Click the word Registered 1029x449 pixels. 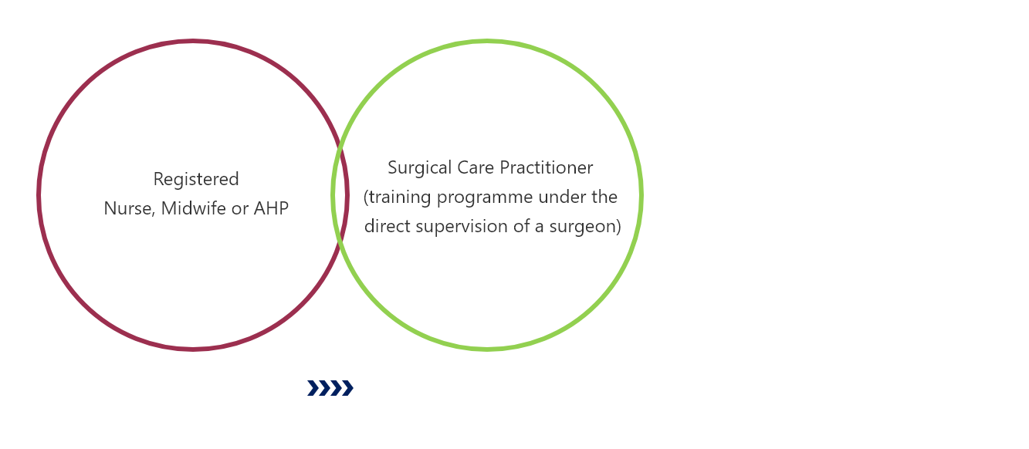pos(196,180)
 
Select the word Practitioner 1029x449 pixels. pos(547,167)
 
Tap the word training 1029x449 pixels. pos(400,197)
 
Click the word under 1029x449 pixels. pos(562,197)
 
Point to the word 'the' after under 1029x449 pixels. pos(604,197)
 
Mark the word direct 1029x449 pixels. pos(387,226)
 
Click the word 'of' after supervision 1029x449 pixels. pos(521,226)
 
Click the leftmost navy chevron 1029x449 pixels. pos(313,388)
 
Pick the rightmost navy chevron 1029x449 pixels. pos(347,388)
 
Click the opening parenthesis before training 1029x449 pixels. pos(366,197)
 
